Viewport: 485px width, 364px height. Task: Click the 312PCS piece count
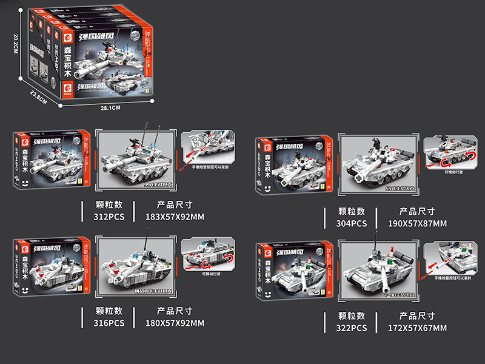coord(109,216)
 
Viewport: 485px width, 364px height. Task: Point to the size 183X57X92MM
coord(175,216)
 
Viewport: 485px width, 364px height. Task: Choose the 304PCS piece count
coord(352,223)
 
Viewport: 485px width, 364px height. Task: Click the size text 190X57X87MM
coord(417,223)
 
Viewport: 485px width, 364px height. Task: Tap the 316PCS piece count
coord(109,323)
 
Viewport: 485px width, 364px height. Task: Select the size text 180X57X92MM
coord(175,323)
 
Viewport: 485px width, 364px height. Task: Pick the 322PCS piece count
coord(352,328)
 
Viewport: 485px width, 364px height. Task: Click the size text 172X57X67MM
coord(417,328)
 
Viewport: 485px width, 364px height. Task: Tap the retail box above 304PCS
coord(294,163)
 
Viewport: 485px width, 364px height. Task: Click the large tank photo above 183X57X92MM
coord(136,160)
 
